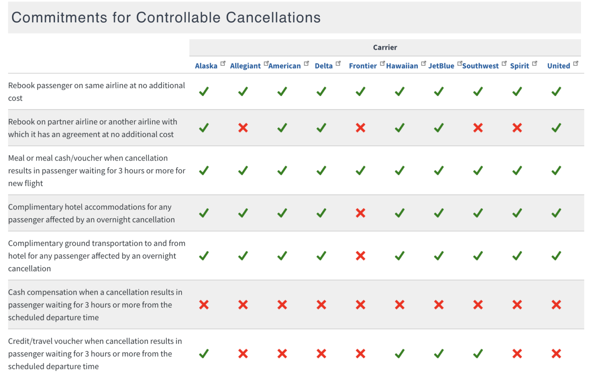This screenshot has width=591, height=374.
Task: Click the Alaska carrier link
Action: click(206, 66)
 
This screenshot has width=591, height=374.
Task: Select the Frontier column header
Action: click(362, 66)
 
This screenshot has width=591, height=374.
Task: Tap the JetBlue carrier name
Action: click(441, 66)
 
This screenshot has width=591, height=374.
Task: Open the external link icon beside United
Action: click(576, 64)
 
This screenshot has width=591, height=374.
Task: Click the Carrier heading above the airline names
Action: click(385, 47)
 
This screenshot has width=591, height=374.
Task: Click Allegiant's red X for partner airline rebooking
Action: click(243, 128)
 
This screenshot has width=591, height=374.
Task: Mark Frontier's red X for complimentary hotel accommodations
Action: click(361, 213)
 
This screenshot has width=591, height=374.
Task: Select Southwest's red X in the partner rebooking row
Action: click(478, 128)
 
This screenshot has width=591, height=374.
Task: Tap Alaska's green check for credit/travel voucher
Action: click(204, 354)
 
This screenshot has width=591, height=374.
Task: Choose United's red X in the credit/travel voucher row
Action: click(556, 354)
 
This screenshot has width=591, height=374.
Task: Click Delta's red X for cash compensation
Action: click(321, 305)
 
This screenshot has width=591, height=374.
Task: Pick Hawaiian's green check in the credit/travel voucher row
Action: click(400, 354)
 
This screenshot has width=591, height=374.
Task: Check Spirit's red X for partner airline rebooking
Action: click(517, 128)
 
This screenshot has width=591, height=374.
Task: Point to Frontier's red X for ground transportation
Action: click(361, 256)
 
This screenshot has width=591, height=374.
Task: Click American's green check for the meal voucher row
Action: click(282, 171)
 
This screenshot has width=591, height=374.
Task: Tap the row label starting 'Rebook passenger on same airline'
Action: click(96, 92)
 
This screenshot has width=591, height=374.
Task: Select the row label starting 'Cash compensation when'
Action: click(95, 305)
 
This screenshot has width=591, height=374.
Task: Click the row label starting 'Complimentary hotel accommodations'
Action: click(91, 213)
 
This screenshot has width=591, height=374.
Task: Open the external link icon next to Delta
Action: click(338, 64)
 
